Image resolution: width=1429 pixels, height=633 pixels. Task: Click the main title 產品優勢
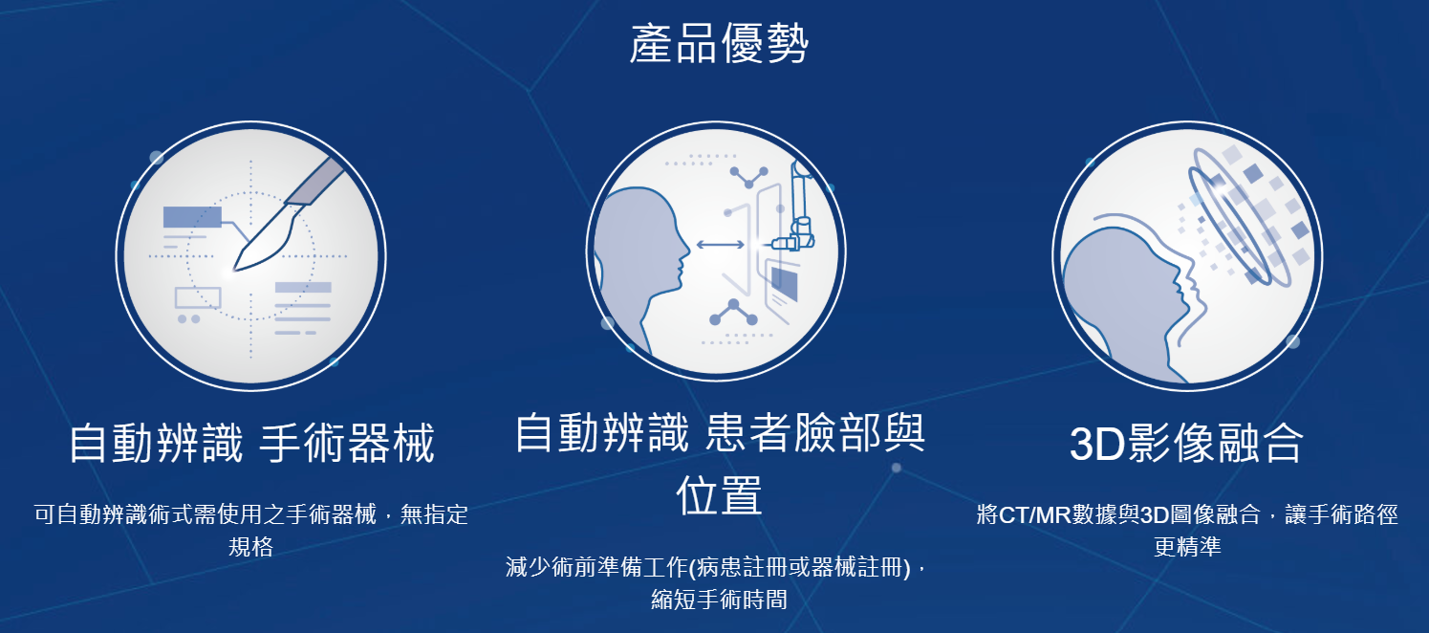click(x=719, y=43)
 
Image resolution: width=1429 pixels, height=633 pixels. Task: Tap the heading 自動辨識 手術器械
click(x=252, y=442)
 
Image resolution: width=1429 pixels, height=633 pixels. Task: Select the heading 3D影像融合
click(x=1186, y=443)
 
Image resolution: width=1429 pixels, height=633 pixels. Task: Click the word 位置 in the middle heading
click(x=719, y=495)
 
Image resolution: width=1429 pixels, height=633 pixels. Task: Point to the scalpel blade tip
click(x=235, y=270)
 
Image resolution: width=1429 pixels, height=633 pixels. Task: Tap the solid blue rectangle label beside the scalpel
click(x=192, y=217)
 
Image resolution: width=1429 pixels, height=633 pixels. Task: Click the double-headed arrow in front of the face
click(x=721, y=245)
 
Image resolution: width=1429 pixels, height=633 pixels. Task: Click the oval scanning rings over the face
click(x=1238, y=217)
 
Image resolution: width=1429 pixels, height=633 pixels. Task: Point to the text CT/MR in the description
click(x=1034, y=514)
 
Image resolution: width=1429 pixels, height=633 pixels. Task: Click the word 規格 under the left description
click(x=250, y=546)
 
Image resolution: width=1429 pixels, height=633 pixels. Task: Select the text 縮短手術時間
click(x=719, y=600)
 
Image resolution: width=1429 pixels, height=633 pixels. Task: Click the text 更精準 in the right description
click(x=1187, y=546)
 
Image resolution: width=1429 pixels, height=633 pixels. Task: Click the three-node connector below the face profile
click(x=734, y=313)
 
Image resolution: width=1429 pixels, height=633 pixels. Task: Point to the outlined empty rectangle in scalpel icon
click(x=198, y=297)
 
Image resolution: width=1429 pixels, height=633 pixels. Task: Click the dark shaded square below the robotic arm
click(x=785, y=283)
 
